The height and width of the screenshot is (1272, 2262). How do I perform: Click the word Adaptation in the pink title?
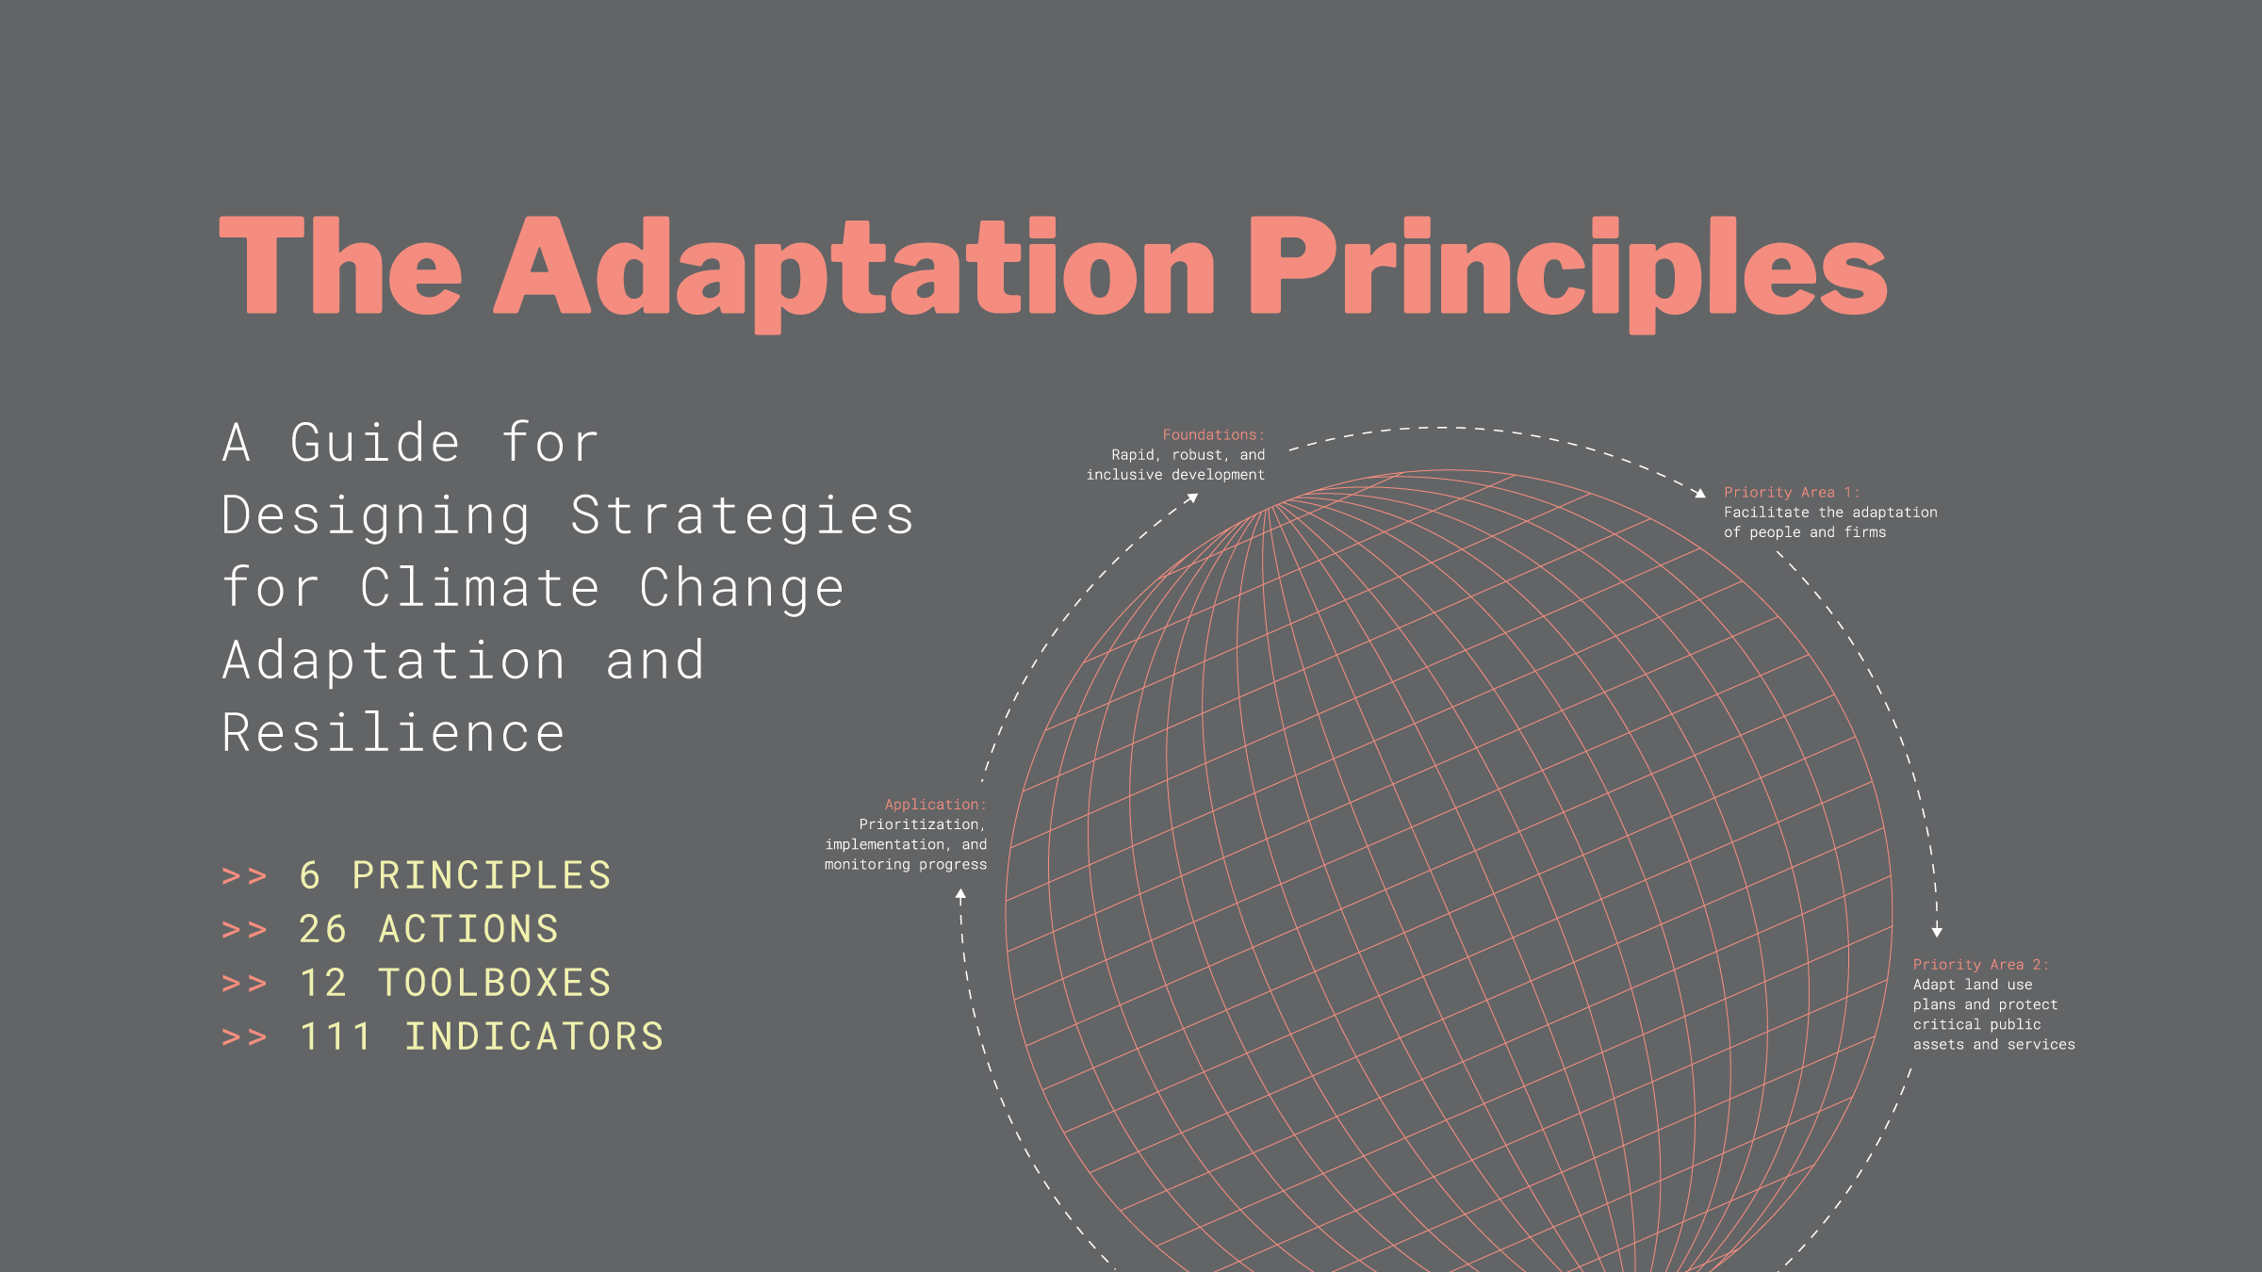tap(853, 269)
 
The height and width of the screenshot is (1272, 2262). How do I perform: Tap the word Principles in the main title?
tap(1566, 269)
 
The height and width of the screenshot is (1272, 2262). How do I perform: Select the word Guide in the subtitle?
tap(375, 443)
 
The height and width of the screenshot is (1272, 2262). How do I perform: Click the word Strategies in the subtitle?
tap(742, 515)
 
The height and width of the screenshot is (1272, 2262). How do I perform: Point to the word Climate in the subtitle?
tap(480, 588)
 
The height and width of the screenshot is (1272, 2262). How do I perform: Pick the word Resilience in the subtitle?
tap(393, 733)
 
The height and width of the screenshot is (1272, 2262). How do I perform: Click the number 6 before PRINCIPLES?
tap(310, 876)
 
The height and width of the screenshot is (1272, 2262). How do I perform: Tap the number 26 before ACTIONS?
tap(323, 930)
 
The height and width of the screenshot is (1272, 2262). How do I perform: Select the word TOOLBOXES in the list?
tap(495, 984)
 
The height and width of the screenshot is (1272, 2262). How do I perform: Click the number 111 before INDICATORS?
tap(336, 1037)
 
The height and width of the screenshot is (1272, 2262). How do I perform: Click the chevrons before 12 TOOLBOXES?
tap(244, 984)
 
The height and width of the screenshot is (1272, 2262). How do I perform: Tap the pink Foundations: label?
tap(1213, 435)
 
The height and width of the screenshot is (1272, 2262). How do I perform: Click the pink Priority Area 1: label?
tap(1792, 493)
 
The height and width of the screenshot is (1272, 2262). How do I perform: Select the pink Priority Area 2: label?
tap(1980, 965)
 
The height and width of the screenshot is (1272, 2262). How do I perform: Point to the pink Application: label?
tap(935, 805)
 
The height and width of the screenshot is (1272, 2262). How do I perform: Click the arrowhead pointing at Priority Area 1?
tap(1699, 493)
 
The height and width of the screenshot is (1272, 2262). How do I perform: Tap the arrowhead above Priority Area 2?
tap(1937, 932)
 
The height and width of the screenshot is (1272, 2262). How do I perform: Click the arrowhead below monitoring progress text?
tap(960, 894)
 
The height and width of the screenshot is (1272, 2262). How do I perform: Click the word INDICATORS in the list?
tap(534, 1037)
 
